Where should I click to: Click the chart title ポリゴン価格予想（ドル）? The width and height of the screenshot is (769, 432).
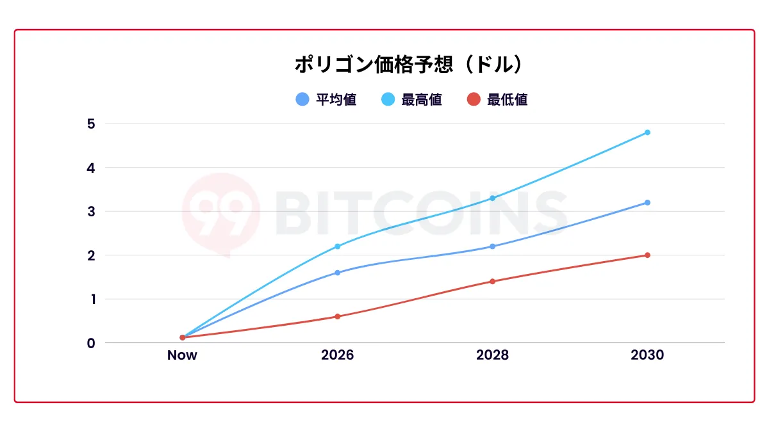410,65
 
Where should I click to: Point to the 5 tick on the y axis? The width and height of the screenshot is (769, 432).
91,124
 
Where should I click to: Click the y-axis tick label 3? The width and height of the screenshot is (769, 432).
91,211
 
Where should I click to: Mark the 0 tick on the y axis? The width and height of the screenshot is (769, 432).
91,343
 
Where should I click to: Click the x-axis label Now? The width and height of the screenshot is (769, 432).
182,355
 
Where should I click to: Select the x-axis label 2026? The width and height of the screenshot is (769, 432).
337,355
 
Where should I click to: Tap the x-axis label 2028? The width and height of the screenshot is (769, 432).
492,355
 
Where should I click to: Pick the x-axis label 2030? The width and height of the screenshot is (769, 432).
647,355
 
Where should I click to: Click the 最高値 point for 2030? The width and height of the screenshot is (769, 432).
647,132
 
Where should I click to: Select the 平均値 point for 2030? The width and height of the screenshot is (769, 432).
647,202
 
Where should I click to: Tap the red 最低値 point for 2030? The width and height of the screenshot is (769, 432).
647,255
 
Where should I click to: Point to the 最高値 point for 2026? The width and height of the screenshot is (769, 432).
337,246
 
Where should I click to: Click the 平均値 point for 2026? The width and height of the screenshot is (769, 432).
337,273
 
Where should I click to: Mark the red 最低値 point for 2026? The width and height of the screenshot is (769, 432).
337,316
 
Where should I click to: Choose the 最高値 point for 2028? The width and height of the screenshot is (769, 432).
492,198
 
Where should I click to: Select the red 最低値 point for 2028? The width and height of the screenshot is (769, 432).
492,281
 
